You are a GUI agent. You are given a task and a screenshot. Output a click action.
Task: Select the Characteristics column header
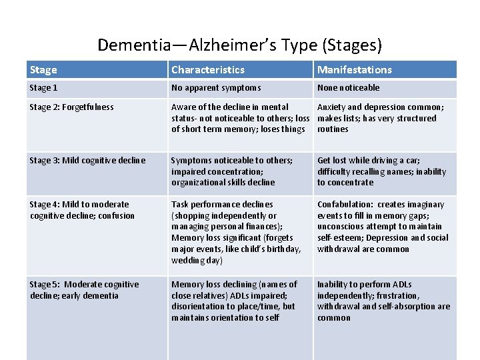[208, 70]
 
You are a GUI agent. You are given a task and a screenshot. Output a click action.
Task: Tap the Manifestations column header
[355, 70]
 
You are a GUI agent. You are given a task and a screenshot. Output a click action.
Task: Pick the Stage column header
[44, 70]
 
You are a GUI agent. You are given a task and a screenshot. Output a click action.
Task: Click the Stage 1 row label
[44, 88]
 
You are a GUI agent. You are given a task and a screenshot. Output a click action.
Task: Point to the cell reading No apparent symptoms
[216, 88]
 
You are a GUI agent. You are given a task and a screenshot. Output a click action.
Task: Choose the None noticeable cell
[348, 88]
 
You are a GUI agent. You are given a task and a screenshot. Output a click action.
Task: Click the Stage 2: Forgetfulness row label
[72, 107]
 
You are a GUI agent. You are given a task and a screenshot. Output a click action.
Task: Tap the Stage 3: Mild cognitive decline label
[87, 160]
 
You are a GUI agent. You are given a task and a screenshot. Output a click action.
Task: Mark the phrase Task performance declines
[222, 205]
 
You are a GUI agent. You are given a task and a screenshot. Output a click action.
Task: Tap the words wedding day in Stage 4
[194, 261]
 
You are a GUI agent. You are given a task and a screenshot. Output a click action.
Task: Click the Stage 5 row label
[84, 285]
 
